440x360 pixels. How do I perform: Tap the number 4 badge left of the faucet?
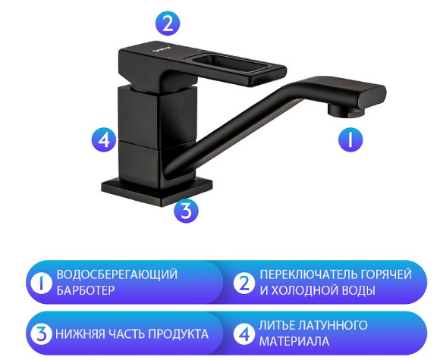[104, 139]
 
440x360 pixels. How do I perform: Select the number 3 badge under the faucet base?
[186, 210]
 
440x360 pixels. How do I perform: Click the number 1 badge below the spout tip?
[350, 139]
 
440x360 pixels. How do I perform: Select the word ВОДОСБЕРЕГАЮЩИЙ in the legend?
[117, 274]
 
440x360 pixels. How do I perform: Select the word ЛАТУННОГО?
[331, 325]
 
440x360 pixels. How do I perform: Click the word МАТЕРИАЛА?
[294, 343]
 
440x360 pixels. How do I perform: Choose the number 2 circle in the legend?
[244, 283]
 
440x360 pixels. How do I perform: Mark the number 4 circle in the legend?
[244, 333]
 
